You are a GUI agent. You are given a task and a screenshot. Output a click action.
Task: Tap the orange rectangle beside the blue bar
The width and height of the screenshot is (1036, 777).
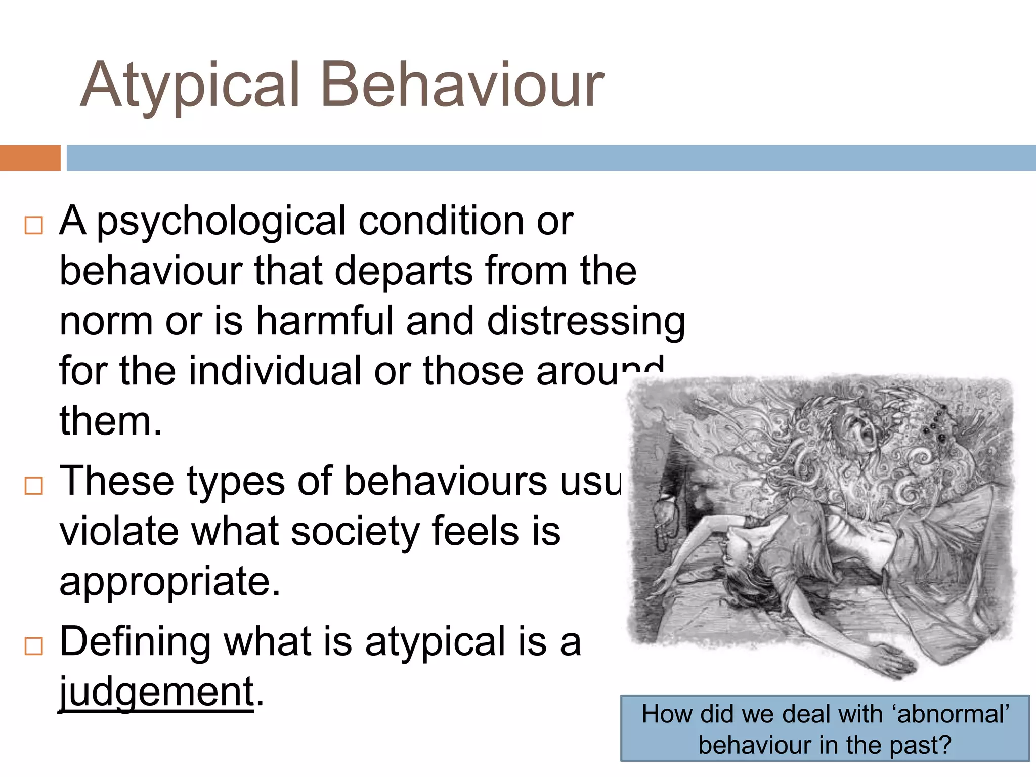(30, 158)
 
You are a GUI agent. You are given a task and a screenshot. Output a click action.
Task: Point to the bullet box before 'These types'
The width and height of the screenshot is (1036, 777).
(34, 486)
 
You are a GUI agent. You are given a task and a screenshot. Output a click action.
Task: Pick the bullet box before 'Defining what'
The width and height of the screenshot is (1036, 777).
(34, 646)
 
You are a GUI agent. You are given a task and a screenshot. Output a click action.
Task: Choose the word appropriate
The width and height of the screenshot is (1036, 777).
(169, 582)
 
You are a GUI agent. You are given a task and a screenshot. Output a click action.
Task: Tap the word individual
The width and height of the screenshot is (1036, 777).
(275, 370)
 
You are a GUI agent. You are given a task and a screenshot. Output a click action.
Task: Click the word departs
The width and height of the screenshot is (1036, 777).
(404, 271)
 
